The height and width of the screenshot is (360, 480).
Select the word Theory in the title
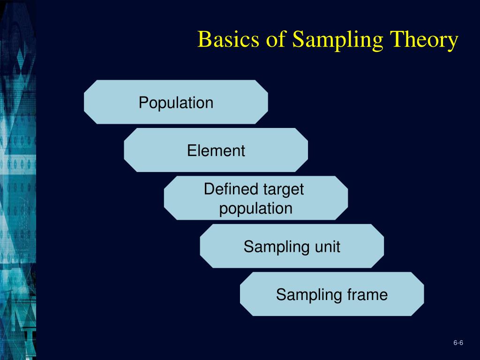point(424,40)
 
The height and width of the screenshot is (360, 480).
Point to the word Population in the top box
point(176,103)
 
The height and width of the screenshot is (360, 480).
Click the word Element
point(216,151)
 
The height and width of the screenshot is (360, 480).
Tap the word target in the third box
point(283,190)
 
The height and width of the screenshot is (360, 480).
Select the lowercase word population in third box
point(255,208)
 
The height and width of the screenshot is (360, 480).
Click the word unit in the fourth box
point(327,247)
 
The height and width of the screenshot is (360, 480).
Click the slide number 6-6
point(458,344)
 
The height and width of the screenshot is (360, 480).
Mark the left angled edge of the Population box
point(85,102)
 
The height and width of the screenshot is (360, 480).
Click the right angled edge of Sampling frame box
point(423,294)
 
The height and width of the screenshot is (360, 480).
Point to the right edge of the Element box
point(307,150)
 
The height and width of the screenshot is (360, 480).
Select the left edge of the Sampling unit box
point(201,246)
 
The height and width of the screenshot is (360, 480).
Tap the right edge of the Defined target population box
point(347,198)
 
